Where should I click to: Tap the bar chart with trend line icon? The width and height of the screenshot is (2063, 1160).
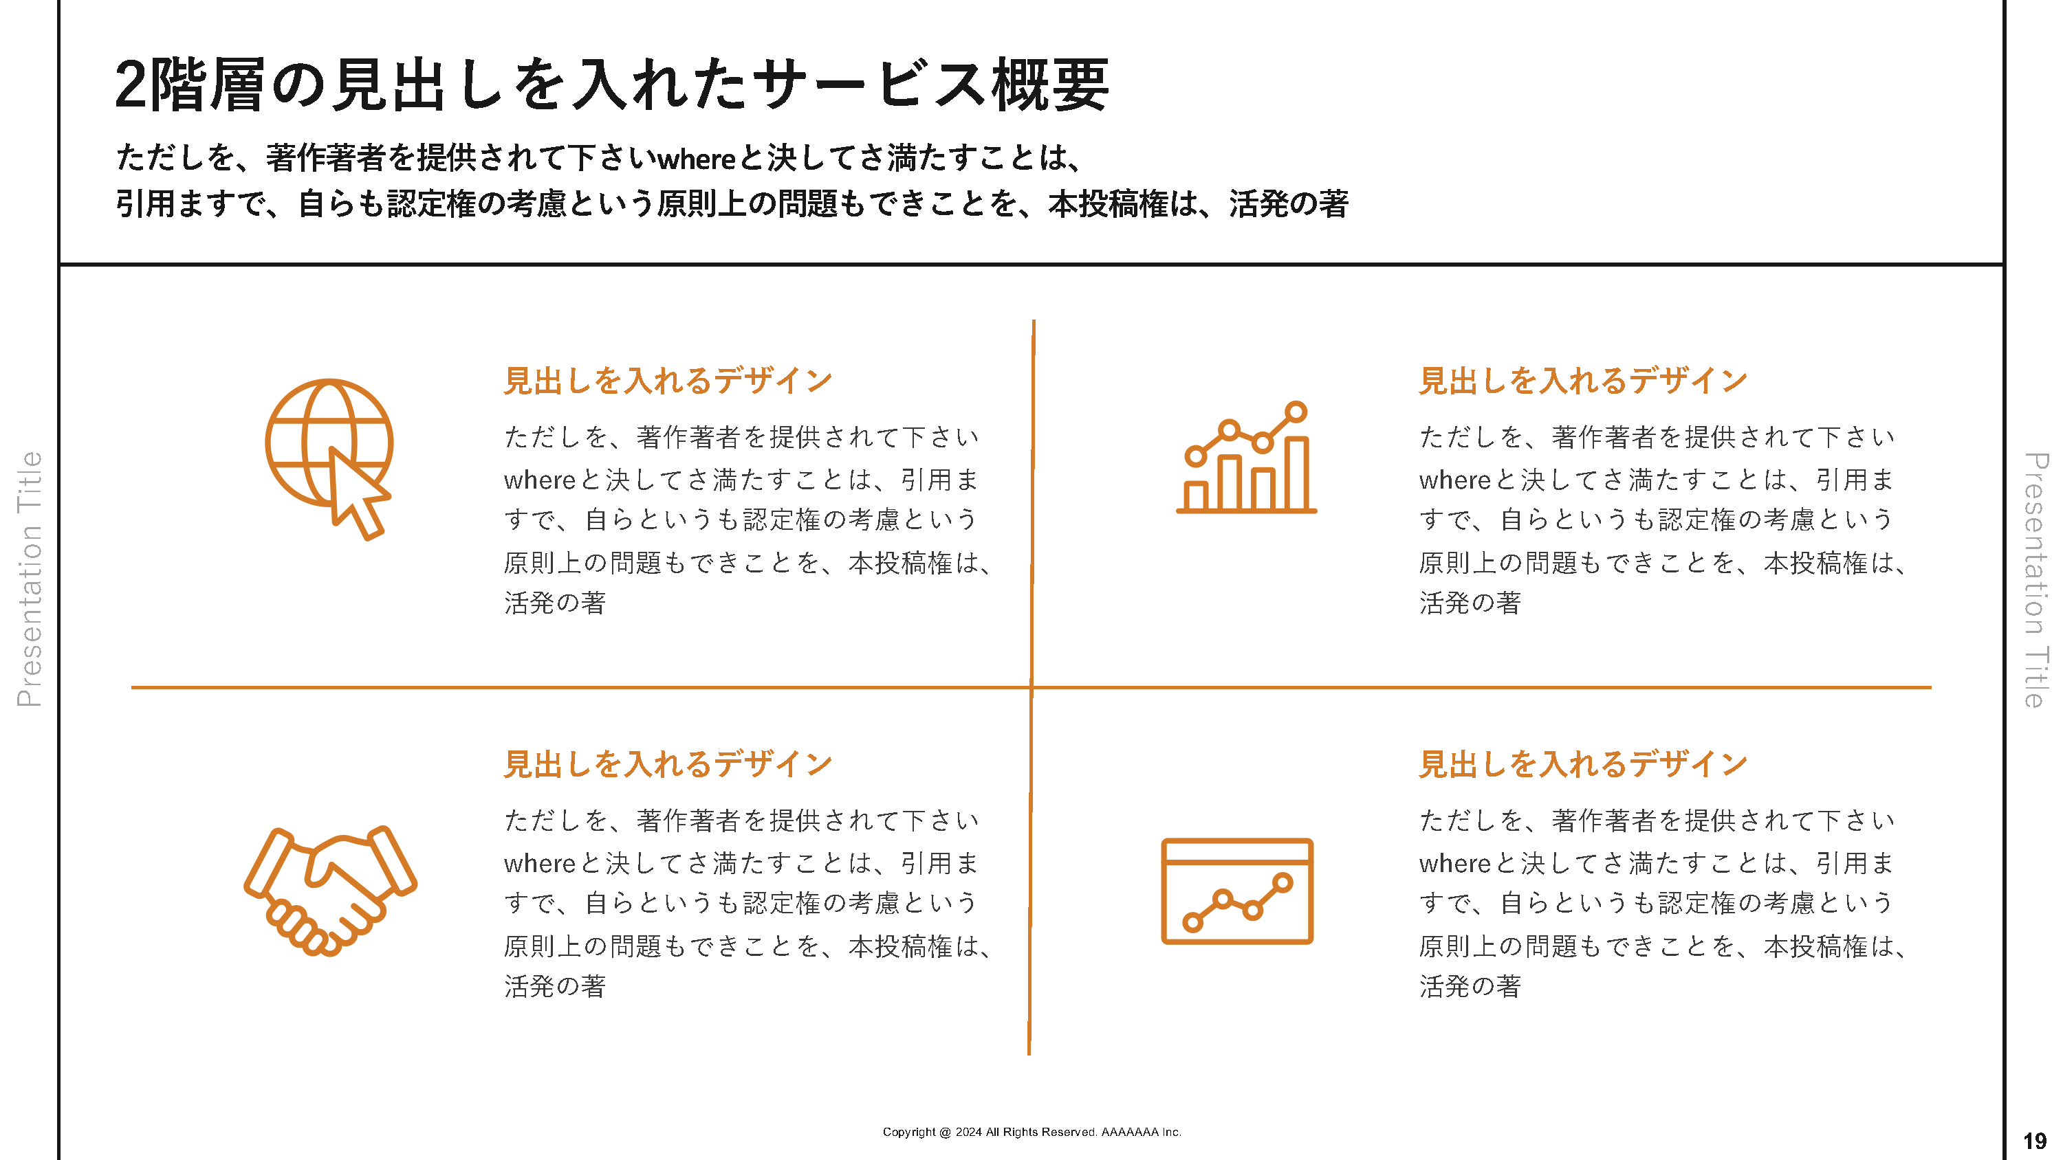(1246, 458)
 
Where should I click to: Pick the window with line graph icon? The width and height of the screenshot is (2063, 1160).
(1237, 891)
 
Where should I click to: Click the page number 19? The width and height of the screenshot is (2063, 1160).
(2035, 1141)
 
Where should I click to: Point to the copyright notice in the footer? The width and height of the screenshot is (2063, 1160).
(1031, 1132)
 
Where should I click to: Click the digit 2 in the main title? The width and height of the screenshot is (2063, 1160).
(131, 86)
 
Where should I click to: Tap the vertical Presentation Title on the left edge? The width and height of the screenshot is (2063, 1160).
(30, 579)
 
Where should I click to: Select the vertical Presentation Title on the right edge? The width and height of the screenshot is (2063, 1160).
(2035, 579)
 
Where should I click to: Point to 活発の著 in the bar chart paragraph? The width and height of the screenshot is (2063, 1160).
(1470, 603)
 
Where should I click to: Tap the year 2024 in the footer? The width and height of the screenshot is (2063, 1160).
(968, 1132)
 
